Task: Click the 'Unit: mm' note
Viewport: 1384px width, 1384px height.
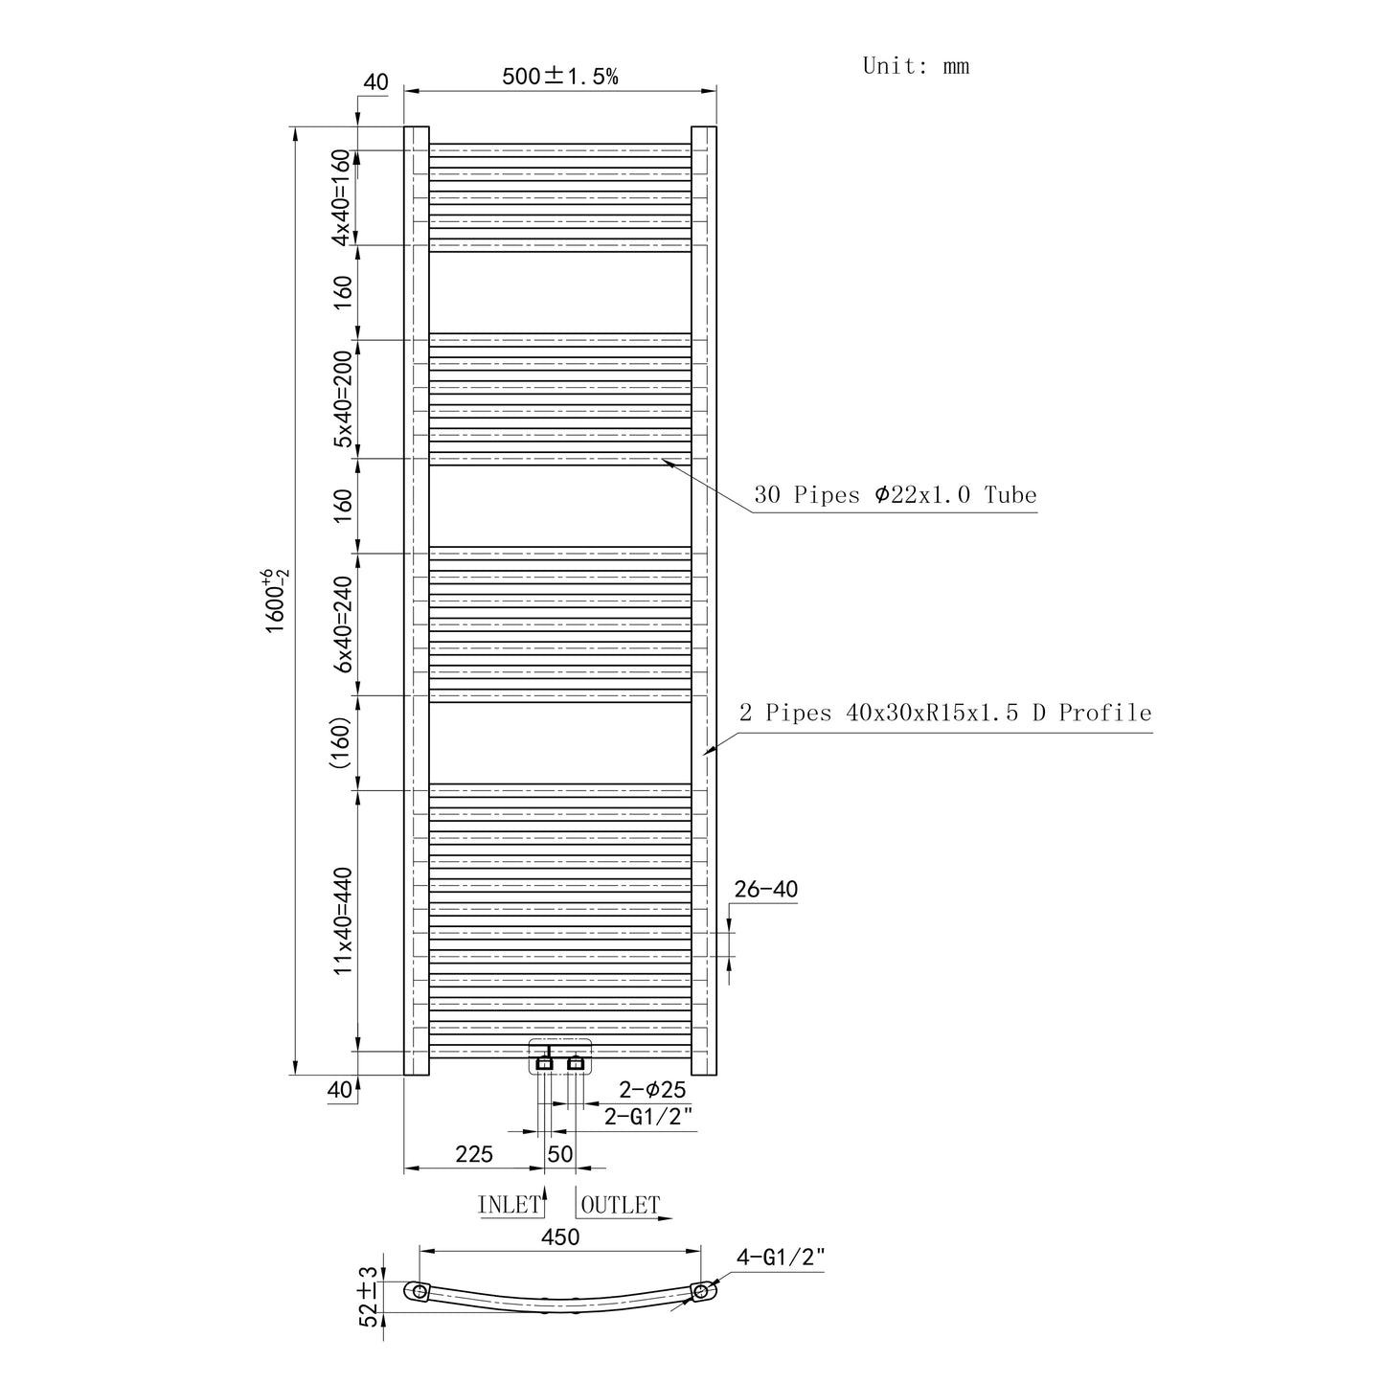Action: (916, 66)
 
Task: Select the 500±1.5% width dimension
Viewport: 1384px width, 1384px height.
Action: (559, 76)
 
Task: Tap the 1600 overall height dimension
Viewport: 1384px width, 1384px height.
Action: (276, 601)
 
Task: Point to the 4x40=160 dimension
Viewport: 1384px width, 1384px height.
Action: (341, 196)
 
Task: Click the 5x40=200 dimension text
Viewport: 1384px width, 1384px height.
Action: (343, 398)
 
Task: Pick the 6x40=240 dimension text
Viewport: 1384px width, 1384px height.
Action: (343, 624)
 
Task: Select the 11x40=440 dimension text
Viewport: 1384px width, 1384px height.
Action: (343, 920)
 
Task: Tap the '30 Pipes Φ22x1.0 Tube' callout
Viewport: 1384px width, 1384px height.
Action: (895, 495)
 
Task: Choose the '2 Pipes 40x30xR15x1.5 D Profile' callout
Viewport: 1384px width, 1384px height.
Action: (945, 713)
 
